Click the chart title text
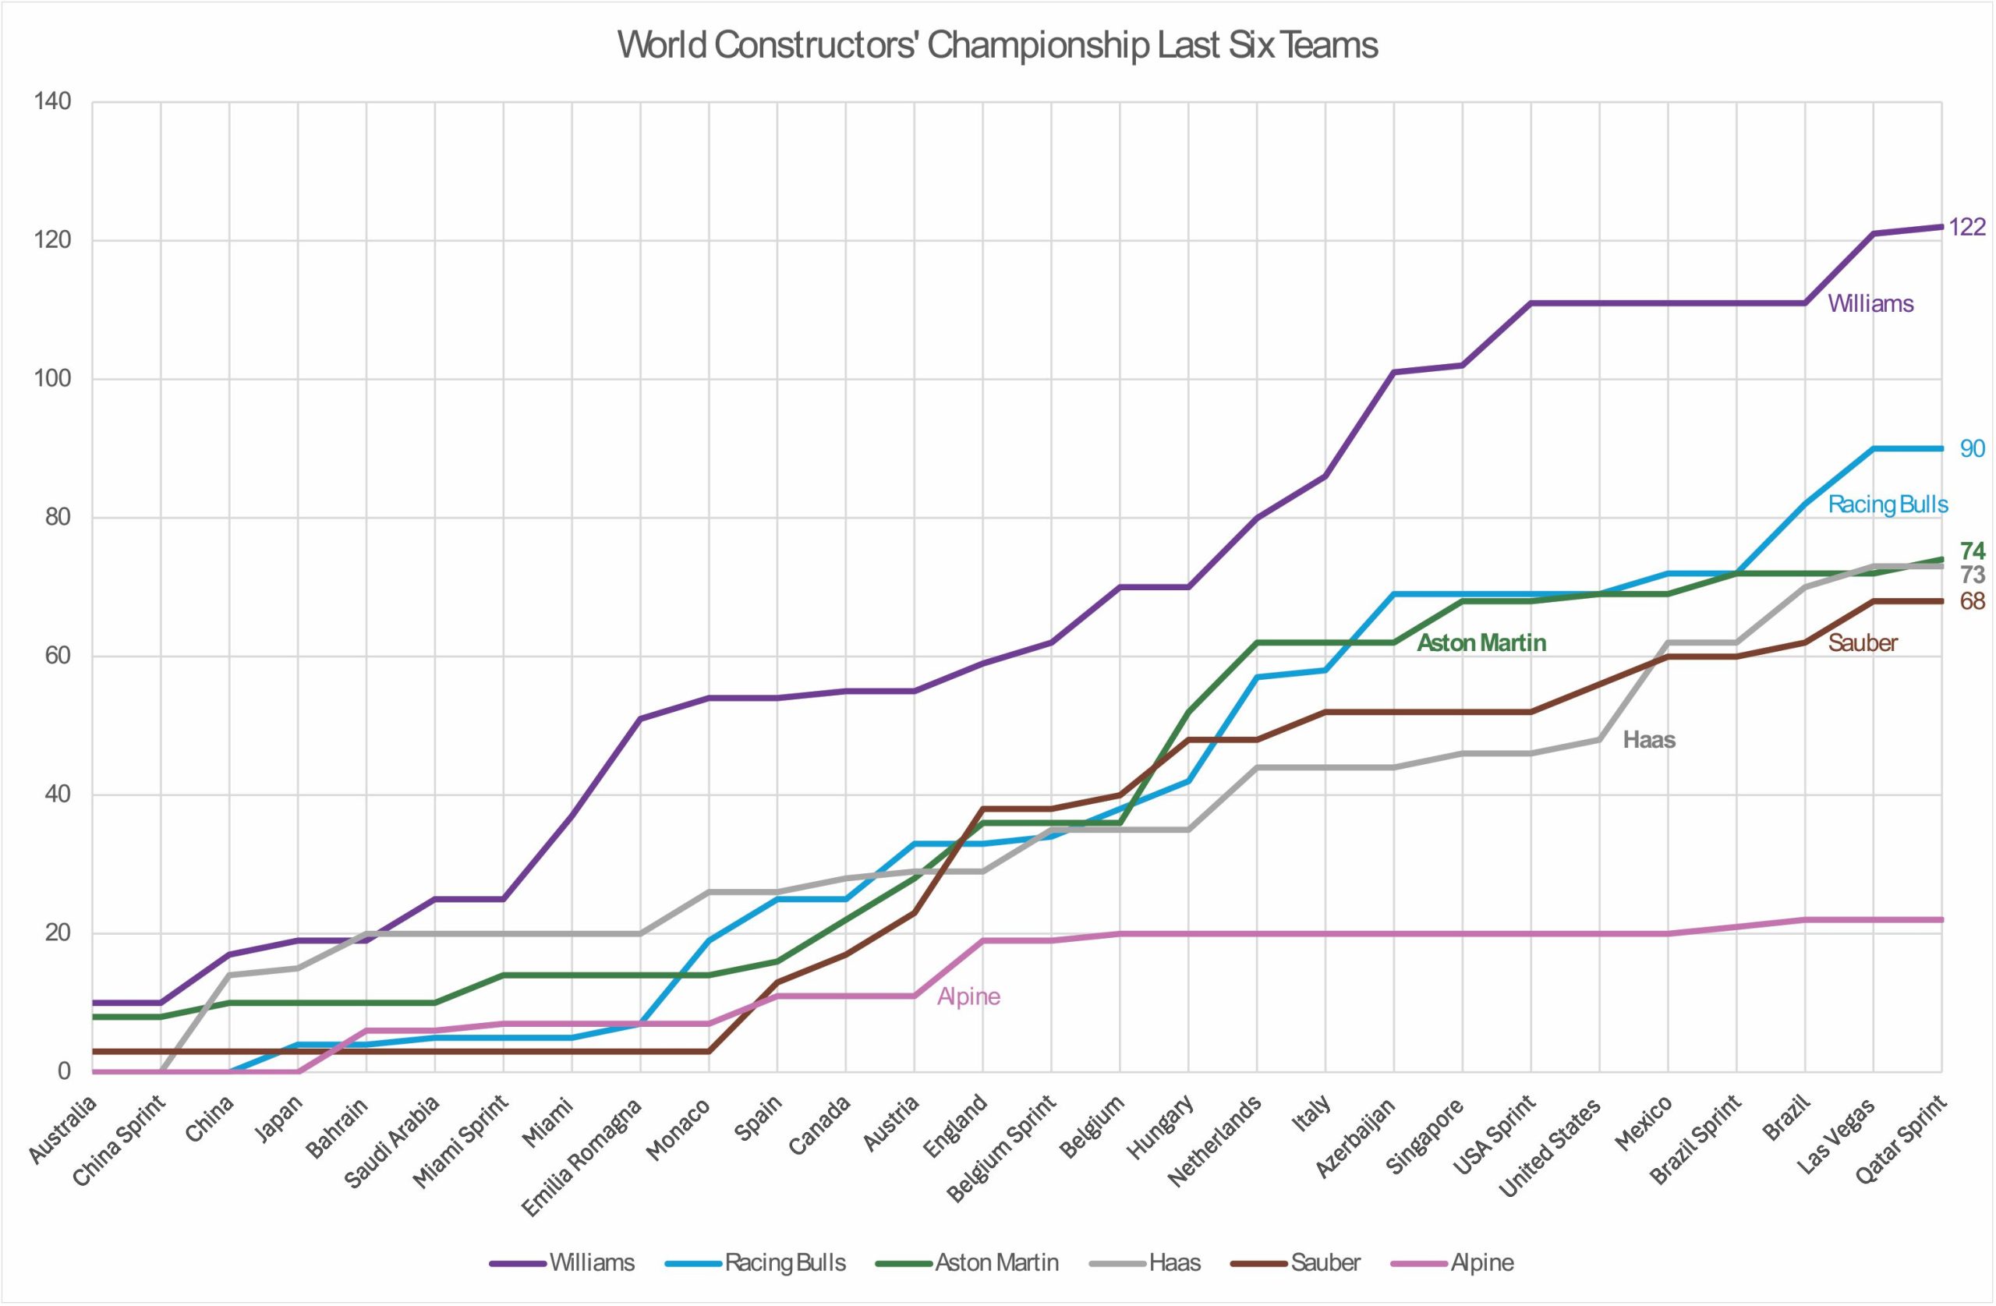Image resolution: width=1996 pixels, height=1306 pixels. [997, 45]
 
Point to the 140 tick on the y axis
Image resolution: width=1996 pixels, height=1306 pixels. [52, 102]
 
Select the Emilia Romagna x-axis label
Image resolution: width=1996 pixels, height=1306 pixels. [582, 1156]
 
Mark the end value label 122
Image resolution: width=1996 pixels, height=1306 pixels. [1966, 228]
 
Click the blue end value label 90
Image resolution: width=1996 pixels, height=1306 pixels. [1972, 449]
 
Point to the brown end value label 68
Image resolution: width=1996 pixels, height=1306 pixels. [1972, 601]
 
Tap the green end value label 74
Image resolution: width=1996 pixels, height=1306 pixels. [1972, 551]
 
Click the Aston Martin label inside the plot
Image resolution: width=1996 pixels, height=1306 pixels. [1481, 642]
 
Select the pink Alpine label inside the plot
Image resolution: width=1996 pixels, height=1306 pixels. [968, 996]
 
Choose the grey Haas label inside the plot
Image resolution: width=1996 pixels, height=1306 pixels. [1649, 740]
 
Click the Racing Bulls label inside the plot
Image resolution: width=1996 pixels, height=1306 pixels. [1888, 504]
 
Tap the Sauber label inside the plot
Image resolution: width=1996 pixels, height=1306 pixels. [1863, 642]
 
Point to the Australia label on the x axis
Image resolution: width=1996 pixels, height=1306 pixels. [64, 1130]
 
